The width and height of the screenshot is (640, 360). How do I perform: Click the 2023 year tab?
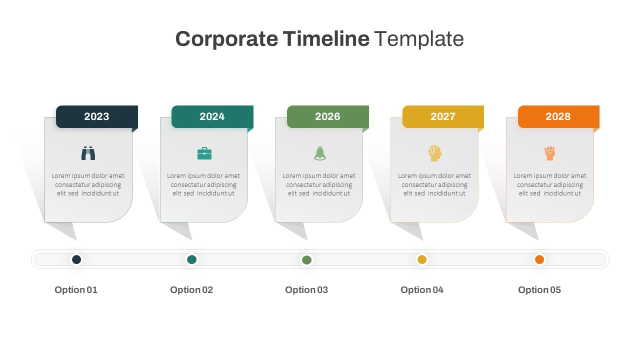[96, 116]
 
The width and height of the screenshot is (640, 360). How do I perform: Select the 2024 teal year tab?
[212, 116]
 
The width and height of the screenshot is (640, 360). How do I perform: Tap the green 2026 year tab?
[327, 116]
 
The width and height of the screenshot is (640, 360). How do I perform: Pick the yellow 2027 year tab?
[443, 116]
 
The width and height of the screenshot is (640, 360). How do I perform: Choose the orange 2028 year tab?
[558, 116]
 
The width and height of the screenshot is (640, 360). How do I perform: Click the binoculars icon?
[88, 153]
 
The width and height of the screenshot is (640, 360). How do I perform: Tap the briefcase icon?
[204, 153]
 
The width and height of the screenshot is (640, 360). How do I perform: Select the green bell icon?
[320, 153]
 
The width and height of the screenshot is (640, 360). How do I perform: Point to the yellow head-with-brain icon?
[435, 153]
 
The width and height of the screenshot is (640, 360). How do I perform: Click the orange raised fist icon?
[550, 153]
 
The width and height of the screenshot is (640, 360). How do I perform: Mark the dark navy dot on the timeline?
[76, 259]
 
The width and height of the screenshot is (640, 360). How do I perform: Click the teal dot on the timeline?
[191, 259]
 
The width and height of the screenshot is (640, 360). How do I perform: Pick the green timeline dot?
[307, 259]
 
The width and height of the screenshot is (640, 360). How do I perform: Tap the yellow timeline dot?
[422, 259]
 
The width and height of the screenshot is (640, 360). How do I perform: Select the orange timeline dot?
[539, 259]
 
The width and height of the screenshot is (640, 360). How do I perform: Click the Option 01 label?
[76, 290]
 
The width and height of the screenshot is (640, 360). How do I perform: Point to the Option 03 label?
[306, 290]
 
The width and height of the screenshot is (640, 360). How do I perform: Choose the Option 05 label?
[539, 290]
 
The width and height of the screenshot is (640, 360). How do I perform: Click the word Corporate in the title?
[226, 39]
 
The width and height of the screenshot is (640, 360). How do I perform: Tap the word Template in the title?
[419, 39]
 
